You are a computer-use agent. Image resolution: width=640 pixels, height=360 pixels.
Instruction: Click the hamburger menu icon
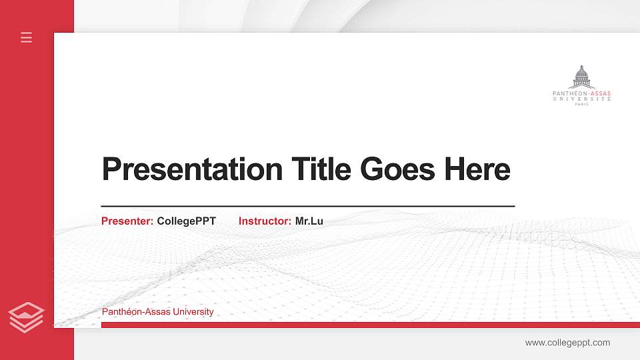(27, 37)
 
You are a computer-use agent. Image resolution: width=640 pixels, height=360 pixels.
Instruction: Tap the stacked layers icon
(27, 317)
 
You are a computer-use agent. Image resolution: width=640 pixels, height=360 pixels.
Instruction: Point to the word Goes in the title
(397, 169)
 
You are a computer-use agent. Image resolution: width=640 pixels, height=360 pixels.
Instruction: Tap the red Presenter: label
(127, 221)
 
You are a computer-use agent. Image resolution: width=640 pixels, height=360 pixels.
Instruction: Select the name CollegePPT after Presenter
(187, 221)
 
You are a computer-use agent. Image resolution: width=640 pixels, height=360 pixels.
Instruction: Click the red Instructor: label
(265, 221)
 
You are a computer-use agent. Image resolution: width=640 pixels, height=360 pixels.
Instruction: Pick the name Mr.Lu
(309, 221)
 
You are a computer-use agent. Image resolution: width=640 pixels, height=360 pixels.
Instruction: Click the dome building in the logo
(583, 77)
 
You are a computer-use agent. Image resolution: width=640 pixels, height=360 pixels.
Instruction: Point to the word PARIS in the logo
(582, 104)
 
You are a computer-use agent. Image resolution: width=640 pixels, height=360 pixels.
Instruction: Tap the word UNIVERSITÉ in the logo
(582, 99)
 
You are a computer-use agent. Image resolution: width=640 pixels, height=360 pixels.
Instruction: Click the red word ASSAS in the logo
(601, 93)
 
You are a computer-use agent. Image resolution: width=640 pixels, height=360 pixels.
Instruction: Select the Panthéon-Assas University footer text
(157, 312)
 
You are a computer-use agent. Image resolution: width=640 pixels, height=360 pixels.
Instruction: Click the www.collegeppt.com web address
(567, 343)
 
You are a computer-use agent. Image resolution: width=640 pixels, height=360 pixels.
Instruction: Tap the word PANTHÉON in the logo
(567, 93)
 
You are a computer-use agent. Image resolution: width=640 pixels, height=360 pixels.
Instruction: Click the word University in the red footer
(193, 312)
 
